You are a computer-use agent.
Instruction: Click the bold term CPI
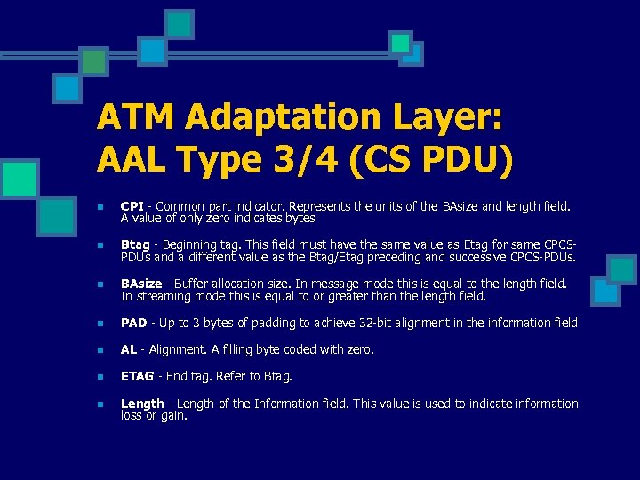click(132, 206)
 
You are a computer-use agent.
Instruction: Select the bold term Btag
click(135, 244)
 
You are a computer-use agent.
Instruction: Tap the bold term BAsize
click(141, 284)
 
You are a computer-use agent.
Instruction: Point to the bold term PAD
click(133, 323)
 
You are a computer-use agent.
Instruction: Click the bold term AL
click(129, 349)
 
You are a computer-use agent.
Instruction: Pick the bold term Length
click(142, 404)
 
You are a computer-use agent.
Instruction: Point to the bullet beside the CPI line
click(100, 206)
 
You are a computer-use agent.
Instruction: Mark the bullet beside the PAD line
click(100, 323)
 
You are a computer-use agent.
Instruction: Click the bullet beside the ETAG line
click(100, 377)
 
